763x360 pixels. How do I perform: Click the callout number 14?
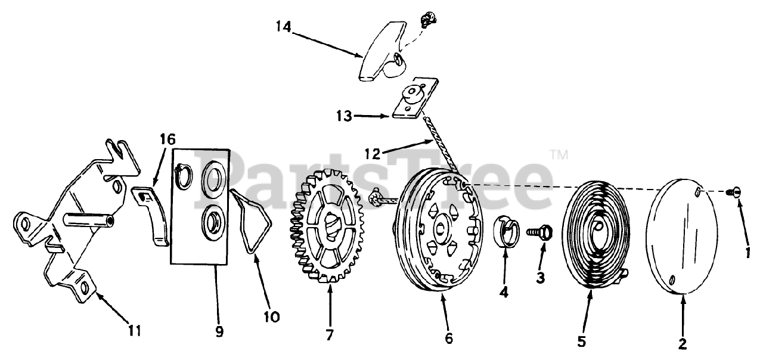(284, 27)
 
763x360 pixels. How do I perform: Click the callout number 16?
(168, 140)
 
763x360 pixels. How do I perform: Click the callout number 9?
(219, 331)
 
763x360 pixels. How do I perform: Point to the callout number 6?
(449, 338)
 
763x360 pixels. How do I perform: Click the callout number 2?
(683, 343)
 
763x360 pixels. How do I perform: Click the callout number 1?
(748, 252)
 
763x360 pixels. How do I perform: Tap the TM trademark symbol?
(559, 155)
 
